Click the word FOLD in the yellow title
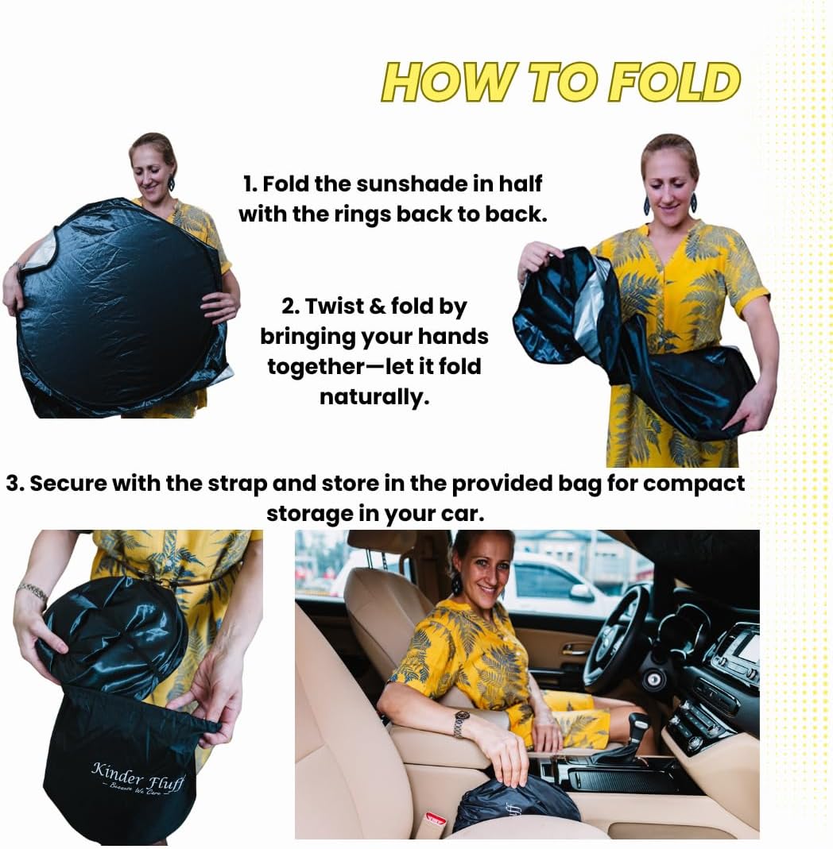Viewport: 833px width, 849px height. pos(674,83)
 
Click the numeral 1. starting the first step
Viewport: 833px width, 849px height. pos(250,184)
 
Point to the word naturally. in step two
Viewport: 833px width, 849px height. pos(374,397)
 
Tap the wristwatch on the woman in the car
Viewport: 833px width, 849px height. pos(461,723)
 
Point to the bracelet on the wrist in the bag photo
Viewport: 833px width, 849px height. pos(33,591)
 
